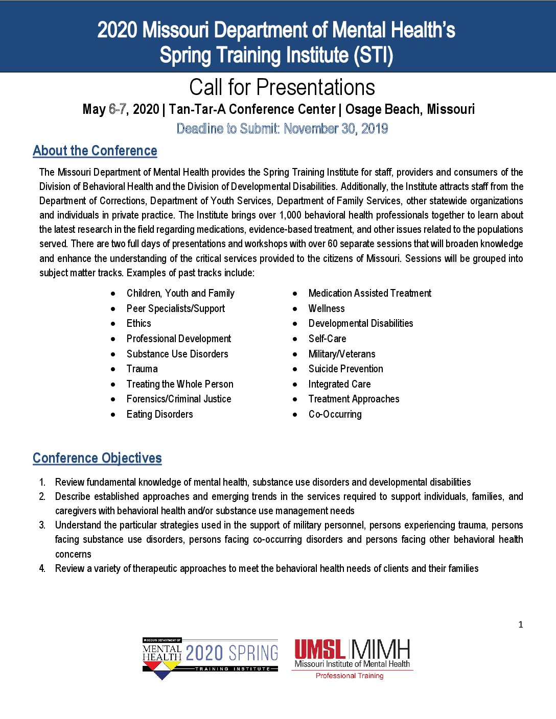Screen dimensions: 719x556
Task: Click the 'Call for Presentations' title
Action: (x=282, y=88)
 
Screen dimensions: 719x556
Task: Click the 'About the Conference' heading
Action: (x=95, y=151)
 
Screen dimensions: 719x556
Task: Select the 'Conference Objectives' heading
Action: (x=97, y=458)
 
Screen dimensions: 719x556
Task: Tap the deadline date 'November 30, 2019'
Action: (x=336, y=129)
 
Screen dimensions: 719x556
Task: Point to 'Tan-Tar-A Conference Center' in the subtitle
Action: (x=252, y=109)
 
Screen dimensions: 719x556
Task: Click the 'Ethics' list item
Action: (x=139, y=323)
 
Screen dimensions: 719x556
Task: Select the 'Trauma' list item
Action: (x=142, y=369)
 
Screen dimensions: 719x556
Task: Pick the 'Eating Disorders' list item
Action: (x=160, y=414)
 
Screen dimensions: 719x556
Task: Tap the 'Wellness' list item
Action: (x=327, y=308)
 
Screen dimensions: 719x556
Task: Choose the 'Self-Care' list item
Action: (x=327, y=339)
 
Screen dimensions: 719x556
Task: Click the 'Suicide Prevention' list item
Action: (x=345, y=369)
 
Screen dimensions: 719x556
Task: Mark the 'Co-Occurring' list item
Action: (x=335, y=414)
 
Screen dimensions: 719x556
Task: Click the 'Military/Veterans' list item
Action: (x=342, y=354)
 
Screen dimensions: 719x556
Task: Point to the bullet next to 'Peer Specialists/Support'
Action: (x=113, y=309)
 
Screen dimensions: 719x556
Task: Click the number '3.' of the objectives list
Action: (x=42, y=525)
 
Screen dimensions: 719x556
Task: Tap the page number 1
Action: (x=521, y=625)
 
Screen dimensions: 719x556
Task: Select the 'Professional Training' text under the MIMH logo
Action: (x=350, y=676)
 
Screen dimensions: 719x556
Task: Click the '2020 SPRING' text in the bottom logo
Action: (x=232, y=653)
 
